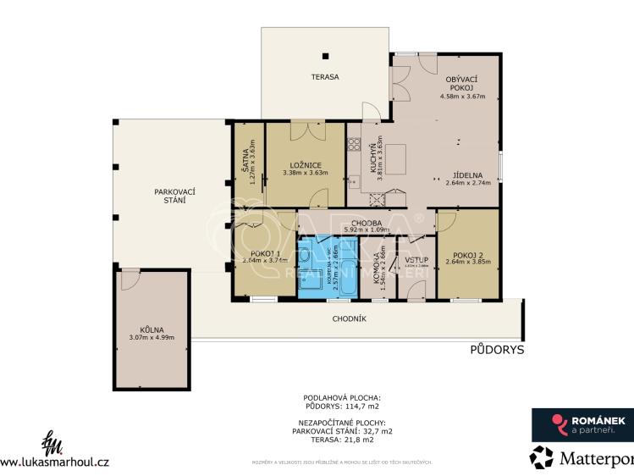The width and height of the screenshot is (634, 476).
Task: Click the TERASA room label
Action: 324,77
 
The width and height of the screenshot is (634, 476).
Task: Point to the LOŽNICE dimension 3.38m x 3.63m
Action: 306,174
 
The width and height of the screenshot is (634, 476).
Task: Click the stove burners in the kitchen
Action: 353,144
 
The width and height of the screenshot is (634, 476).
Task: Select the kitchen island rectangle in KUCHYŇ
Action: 396,160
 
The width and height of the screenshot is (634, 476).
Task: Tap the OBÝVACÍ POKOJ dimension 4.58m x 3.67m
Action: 461,96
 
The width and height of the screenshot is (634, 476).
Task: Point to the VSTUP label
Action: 416,259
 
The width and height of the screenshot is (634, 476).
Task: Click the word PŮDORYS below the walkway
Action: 498,349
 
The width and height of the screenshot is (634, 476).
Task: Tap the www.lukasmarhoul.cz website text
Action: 55,462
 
